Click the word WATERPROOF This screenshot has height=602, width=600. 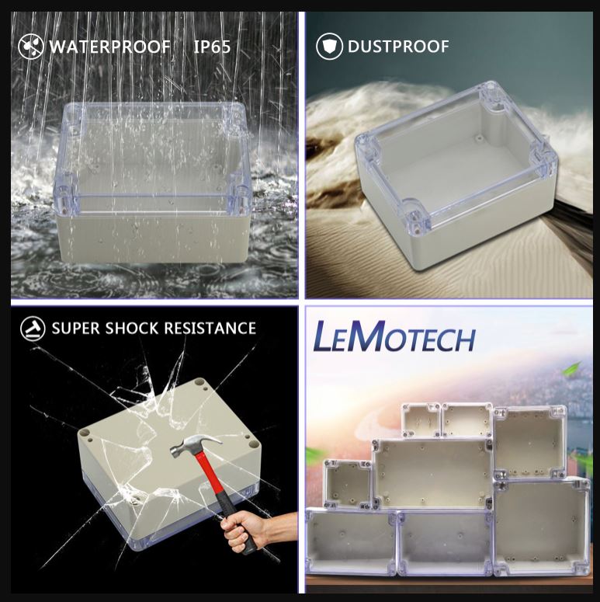(109, 47)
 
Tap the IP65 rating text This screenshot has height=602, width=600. (212, 47)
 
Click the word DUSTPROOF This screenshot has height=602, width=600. (398, 47)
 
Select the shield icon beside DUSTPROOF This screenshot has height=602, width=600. (329, 47)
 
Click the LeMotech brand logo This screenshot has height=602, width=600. (394, 339)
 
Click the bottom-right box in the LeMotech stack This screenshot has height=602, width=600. (542, 528)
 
